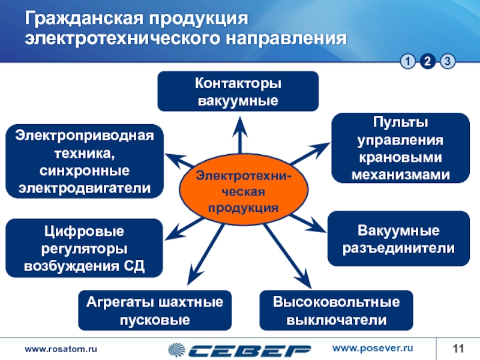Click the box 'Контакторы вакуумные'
click(238, 91)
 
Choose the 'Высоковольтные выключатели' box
click(336, 310)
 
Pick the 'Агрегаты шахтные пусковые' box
click(155, 310)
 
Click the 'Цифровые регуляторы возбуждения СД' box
click(84, 248)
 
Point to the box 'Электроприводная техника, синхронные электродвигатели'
click(84, 161)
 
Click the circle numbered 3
click(448, 61)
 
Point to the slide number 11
click(459, 349)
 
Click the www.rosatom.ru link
click(60, 349)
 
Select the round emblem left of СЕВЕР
click(178, 349)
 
